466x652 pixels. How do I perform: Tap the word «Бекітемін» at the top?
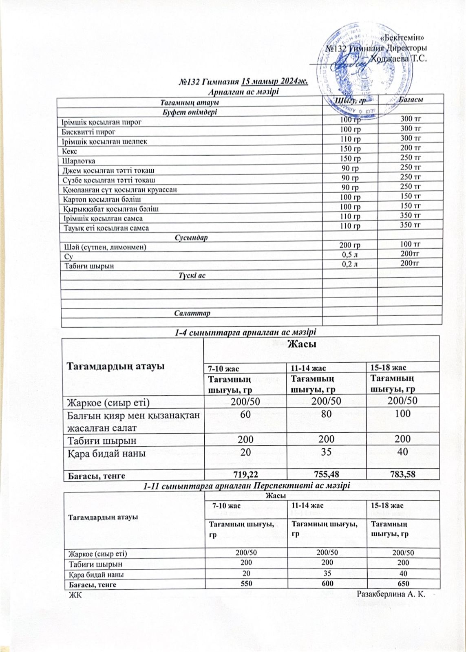[403, 38]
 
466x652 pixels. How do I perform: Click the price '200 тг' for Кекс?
[411, 148]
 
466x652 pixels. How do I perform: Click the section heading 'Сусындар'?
[191, 237]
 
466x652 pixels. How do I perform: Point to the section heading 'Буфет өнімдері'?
[190, 112]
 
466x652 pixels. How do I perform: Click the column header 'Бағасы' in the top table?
[410, 100]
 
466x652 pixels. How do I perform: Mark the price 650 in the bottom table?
[404, 584]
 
